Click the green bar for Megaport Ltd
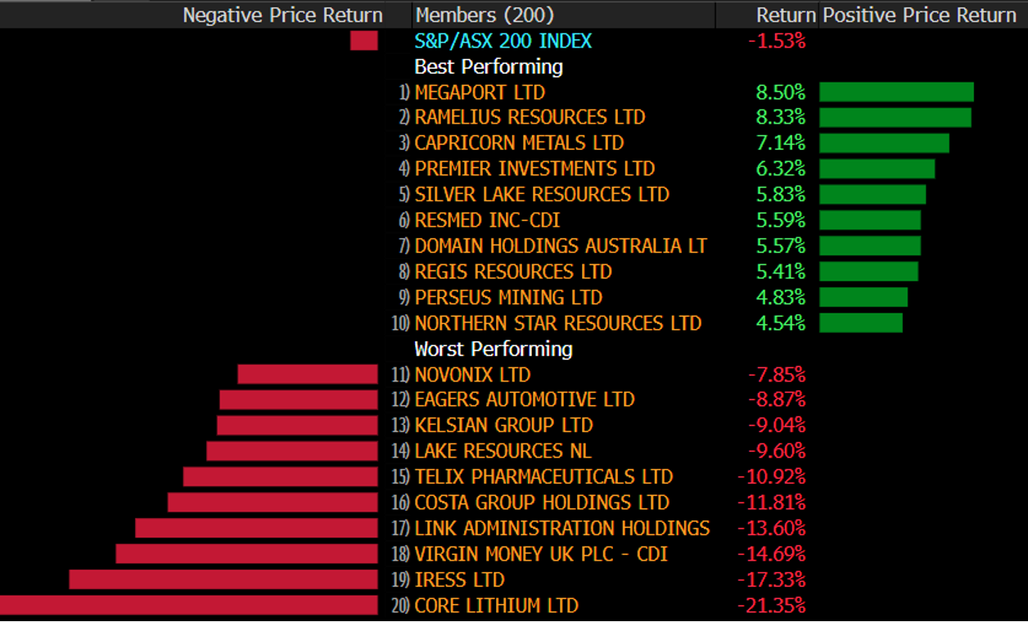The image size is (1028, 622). pyautogui.click(x=896, y=92)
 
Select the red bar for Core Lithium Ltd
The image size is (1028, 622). pyautogui.click(x=188, y=606)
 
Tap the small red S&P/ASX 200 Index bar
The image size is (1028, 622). pyautogui.click(x=364, y=41)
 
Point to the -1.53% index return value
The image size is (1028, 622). pyautogui.click(x=777, y=41)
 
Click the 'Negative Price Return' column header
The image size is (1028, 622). pyautogui.click(x=282, y=15)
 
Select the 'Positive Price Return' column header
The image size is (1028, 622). pyautogui.click(x=919, y=15)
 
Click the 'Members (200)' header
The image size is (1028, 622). pyautogui.click(x=484, y=15)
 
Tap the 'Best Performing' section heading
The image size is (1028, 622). pyautogui.click(x=489, y=66)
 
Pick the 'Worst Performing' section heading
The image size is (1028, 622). pyautogui.click(x=493, y=349)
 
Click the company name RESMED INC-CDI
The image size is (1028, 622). pyautogui.click(x=487, y=220)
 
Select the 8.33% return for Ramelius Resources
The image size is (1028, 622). pyautogui.click(x=781, y=117)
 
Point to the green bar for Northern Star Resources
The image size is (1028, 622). pyautogui.click(x=861, y=322)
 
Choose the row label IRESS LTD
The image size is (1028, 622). pyautogui.click(x=459, y=579)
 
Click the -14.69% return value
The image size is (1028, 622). pyautogui.click(x=772, y=554)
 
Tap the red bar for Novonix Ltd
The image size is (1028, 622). pyautogui.click(x=308, y=374)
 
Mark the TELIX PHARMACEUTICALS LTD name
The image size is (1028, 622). pyautogui.click(x=543, y=476)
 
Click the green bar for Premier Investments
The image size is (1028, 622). pyautogui.click(x=877, y=169)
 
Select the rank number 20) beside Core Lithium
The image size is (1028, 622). pyautogui.click(x=401, y=606)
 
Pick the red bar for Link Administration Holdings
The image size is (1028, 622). pyautogui.click(x=256, y=528)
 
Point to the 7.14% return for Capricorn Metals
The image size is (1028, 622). pyautogui.click(x=781, y=143)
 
